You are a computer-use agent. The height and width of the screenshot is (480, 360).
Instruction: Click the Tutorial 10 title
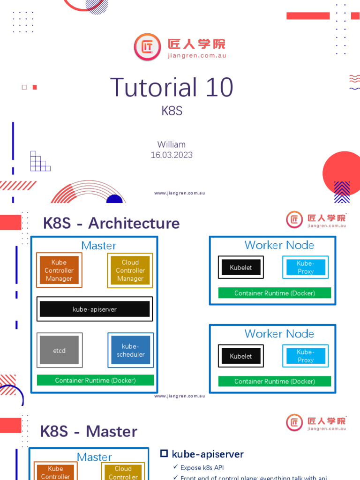[x=172, y=88]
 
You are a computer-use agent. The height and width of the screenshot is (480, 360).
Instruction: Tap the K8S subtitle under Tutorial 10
[x=172, y=111]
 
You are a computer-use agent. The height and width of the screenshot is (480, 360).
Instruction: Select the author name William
[x=172, y=144]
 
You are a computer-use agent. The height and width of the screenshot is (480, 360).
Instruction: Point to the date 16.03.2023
[x=172, y=155]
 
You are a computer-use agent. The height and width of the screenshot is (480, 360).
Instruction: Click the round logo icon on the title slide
[x=147, y=47]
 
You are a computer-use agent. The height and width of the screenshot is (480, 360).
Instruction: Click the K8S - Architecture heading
[x=111, y=223]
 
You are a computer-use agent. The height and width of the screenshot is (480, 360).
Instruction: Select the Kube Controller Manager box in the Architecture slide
[x=59, y=270]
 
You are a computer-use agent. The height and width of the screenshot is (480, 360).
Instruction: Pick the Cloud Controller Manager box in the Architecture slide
[x=130, y=270]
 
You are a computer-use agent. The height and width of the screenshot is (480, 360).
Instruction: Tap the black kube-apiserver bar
[x=95, y=309]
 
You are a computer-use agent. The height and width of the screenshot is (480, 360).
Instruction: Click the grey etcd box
[x=59, y=350]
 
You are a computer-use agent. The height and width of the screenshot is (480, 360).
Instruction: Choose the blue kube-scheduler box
[x=130, y=350]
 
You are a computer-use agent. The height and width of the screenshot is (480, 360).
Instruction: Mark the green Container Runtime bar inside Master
[x=95, y=380]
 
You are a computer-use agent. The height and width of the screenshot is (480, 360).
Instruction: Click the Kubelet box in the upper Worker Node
[x=241, y=268]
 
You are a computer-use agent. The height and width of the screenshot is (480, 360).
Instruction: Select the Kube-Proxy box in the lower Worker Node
[x=306, y=356]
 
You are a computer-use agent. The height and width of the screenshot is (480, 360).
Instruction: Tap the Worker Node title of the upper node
[x=279, y=245]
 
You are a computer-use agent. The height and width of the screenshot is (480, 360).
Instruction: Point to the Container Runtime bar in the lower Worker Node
[x=275, y=381]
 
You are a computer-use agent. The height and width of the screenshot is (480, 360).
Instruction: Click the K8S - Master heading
[x=89, y=431]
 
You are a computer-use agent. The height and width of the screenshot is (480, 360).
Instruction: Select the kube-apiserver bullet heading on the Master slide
[x=207, y=454]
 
